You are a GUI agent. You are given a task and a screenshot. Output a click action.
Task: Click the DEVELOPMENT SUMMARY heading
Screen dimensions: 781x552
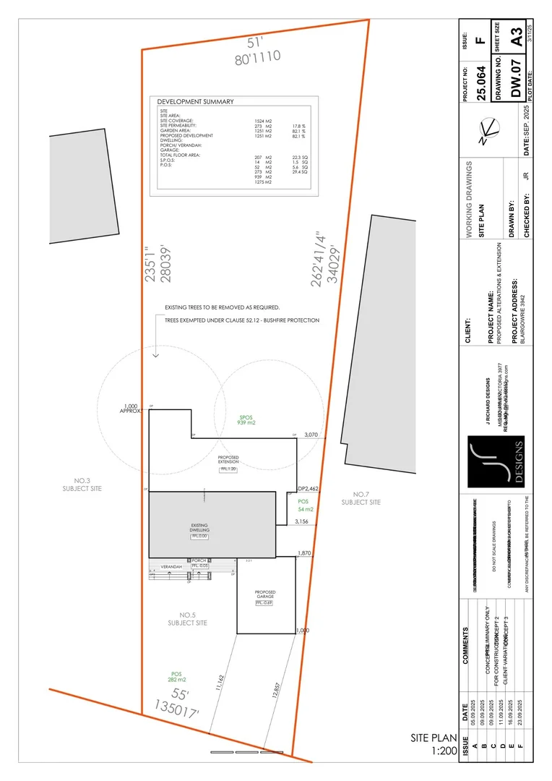pos(195,102)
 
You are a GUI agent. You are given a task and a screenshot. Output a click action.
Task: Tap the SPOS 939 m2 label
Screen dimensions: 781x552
pos(248,420)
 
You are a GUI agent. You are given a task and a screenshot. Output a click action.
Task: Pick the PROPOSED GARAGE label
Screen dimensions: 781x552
pos(265,596)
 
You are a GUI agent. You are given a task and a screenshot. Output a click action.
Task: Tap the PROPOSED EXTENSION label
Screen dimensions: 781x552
pos(228,460)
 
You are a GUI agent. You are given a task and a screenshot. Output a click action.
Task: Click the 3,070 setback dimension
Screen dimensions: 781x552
pos(311,435)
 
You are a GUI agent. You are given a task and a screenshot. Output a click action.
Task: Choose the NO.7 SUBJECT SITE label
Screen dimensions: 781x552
pos(355,498)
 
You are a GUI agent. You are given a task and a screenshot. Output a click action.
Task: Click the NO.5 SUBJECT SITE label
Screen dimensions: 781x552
pos(187,619)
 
